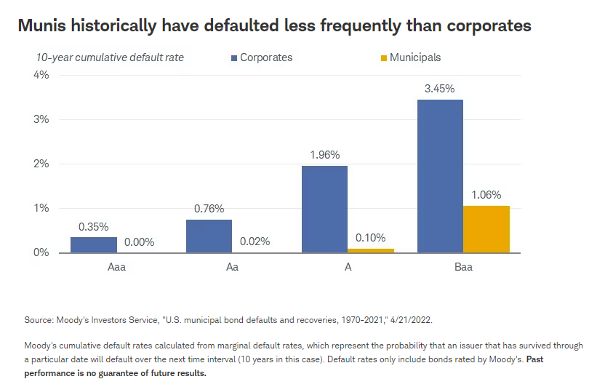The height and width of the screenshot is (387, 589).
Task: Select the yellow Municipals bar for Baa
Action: [x=486, y=229]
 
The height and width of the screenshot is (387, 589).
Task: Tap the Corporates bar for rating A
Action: [x=324, y=209]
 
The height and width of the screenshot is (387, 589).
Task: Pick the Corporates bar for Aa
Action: [x=209, y=236]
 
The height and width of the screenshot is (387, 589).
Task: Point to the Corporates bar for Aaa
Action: [x=93, y=244]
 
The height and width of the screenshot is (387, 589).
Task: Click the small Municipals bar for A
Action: [x=371, y=250]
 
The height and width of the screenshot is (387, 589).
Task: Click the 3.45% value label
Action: [x=440, y=89]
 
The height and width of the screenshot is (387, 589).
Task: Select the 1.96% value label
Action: [x=324, y=155]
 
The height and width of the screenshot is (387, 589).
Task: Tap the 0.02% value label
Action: [x=255, y=242]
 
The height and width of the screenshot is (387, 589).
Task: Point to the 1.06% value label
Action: [x=486, y=195]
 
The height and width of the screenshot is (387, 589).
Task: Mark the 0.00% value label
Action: [x=140, y=242]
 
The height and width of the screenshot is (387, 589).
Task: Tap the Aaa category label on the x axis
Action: [x=116, y=267]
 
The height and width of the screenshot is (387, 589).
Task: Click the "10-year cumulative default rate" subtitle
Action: [x=111, y=57]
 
